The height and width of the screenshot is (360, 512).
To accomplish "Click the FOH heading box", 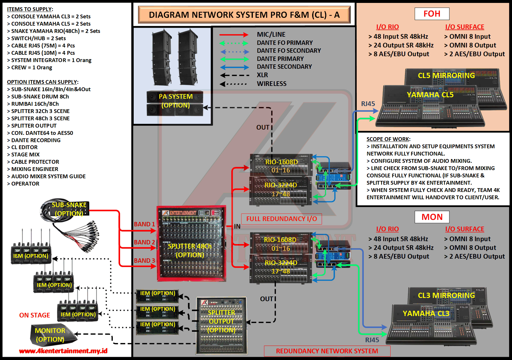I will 432,14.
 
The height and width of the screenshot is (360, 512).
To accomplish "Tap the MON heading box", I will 432,217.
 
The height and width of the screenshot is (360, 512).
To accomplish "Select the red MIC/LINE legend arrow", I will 234,35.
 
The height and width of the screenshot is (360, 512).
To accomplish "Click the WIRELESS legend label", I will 271,84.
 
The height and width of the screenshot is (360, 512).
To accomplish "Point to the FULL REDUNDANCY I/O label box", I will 281,219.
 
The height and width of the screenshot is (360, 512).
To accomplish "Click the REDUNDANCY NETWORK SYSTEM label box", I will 327,351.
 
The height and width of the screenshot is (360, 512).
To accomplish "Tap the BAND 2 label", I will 144,242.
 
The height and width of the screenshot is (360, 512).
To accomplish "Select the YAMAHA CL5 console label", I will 430,95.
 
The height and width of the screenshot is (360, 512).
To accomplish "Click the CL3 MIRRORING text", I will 446,295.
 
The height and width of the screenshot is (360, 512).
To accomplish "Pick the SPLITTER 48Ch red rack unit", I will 191,244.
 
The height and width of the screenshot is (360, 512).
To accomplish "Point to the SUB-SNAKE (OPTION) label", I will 69,209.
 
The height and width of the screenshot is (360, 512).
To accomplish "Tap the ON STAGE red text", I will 34,315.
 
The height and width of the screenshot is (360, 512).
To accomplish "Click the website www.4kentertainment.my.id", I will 63,351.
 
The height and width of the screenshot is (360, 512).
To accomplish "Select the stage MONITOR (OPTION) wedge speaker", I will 52,335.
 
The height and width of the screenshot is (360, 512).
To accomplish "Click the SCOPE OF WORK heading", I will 388,139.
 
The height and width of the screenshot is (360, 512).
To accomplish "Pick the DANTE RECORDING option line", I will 36,140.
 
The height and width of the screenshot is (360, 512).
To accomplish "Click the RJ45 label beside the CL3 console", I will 372,340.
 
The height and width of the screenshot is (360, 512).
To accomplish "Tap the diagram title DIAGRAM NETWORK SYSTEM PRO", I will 244,15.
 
